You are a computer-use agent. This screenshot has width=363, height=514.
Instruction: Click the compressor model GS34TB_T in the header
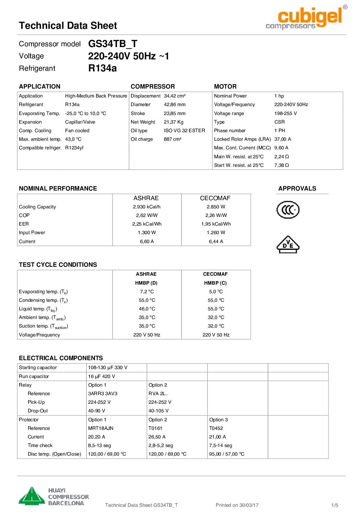(x=113, y=44)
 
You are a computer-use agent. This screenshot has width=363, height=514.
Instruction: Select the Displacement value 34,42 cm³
(x=174, y=96)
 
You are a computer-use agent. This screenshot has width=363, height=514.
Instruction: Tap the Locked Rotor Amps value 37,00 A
(x=282, y=139)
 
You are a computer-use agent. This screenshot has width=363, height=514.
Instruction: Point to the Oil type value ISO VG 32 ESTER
(x=184, y=130)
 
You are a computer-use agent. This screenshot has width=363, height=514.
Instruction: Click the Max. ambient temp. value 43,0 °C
(x=73, y=139)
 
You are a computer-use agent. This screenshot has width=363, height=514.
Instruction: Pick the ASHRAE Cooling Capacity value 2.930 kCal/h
(x=147, y=207)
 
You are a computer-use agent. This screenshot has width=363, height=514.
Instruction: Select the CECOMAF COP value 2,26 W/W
(x=216, y=215)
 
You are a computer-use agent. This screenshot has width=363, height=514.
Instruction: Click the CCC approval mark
(x=288, y=210)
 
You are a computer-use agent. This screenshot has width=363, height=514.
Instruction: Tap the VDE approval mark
(x=288, y=244)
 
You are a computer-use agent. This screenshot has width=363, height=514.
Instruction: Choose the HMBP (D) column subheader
(x=146, y=283)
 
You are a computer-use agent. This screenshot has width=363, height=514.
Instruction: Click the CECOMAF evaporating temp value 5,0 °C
(x=216, y=292)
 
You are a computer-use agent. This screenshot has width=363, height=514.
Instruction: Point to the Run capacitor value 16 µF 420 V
(x=102, y=376)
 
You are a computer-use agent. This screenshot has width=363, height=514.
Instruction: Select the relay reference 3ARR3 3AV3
(x=103, y=393)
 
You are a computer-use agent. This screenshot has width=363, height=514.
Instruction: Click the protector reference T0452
(x=216, y=428)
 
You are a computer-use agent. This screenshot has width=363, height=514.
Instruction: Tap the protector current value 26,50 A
(x=157, y=437)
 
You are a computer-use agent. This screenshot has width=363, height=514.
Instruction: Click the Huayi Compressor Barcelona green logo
(x=32, y=496)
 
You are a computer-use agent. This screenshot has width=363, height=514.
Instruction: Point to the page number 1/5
(x=335, y=505)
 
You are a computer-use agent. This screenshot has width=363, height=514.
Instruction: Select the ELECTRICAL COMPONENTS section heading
(x=61, y=358)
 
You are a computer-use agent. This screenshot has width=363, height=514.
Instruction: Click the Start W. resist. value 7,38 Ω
(x=281, y=165)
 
